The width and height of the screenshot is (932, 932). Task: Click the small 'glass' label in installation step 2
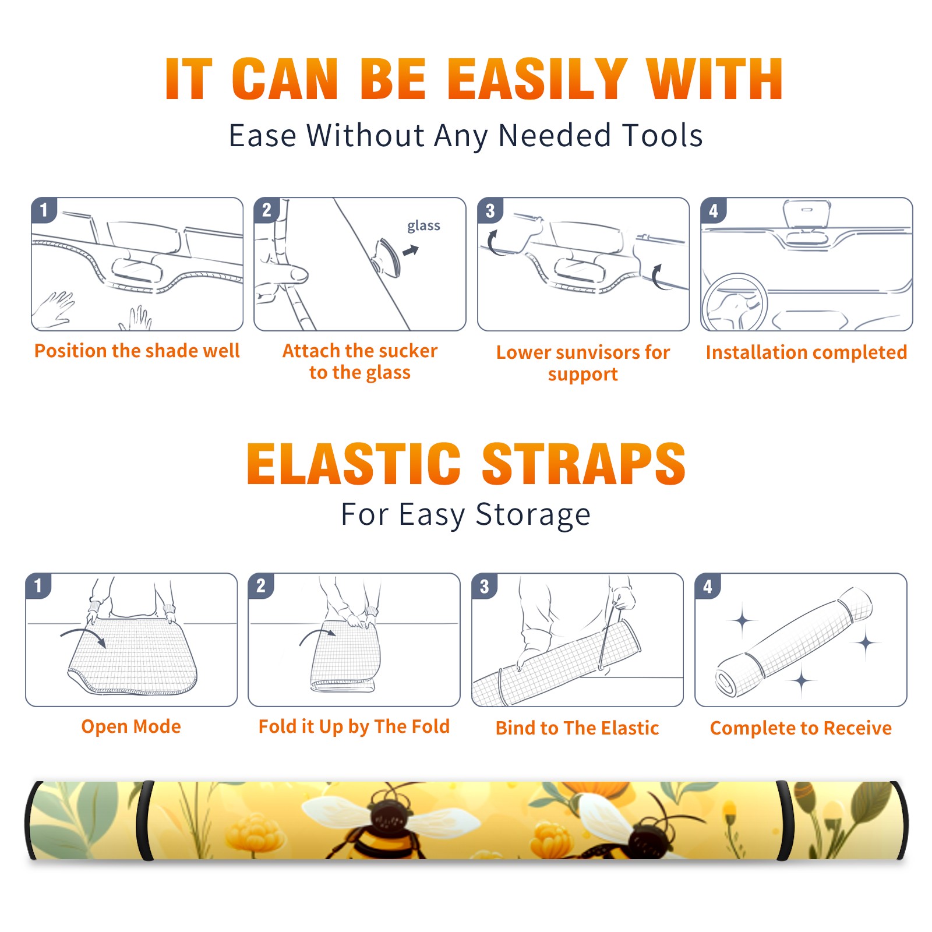click(x=423, y=226)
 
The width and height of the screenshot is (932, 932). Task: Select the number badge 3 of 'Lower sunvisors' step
click(x=490, y=210)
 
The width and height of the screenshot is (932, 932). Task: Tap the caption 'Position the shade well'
click(x=137, y=351)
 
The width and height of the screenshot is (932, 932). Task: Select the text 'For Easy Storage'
click(x=465, y=514)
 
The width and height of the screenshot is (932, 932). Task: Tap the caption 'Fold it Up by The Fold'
click(x=354, y=726)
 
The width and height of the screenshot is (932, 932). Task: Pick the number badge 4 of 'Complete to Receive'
click(x=708, y=586)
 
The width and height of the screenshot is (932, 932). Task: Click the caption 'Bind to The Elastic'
click(x=577, y=728)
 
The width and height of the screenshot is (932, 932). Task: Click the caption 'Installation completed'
click(x=806, y=352)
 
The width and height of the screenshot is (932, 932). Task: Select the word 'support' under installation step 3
click(x=582, y=375)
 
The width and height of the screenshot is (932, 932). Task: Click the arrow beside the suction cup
click(x=411, y=250)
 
